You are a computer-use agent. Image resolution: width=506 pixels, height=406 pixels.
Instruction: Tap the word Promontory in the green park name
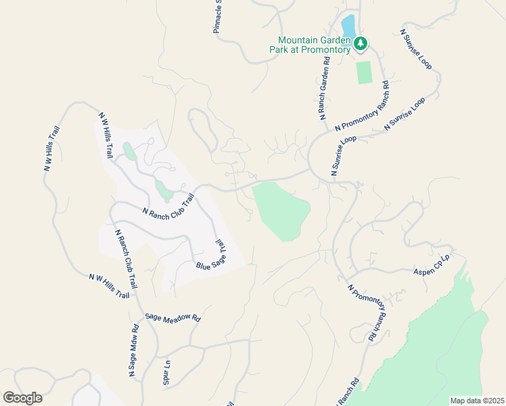323,49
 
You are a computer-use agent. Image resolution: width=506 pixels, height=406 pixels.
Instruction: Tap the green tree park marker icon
361,44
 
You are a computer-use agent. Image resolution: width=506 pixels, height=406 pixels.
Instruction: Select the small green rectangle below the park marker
365,72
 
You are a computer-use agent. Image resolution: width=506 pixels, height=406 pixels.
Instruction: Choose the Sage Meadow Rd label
172,317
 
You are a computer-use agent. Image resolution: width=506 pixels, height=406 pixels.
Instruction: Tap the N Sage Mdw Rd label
134,350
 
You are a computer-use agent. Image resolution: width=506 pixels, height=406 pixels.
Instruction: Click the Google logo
22,398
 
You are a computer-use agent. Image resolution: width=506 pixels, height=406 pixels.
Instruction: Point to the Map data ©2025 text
476,401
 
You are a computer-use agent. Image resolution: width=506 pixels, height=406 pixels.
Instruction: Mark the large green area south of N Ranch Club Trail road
280,210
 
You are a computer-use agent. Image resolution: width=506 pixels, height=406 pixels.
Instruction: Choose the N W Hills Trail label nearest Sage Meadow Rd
108,286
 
